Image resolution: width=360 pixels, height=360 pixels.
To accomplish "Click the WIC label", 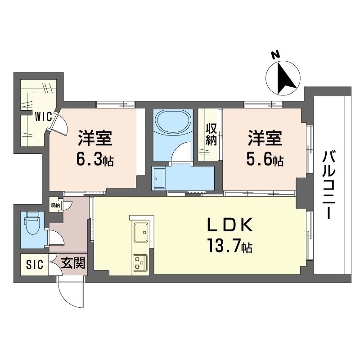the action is [43, 117].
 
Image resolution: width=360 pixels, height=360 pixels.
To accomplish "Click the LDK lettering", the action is [230, 225].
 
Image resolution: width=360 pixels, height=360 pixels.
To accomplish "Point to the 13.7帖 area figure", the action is [230, 246].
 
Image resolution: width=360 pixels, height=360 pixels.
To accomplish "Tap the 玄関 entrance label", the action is [73, 263].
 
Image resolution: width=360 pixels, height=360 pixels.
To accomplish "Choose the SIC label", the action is [35, 265].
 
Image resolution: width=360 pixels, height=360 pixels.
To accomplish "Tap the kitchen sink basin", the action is [141, 232].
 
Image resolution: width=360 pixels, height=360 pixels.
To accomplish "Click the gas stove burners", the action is [140, 262].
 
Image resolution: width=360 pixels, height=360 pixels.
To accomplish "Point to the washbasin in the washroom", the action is [160, 179].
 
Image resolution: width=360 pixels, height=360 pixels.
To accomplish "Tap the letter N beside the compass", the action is [275, 55].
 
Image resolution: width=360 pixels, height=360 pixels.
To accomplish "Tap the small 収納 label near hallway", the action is [55, 205].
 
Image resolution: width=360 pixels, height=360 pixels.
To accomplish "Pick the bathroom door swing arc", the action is [180, 150].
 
